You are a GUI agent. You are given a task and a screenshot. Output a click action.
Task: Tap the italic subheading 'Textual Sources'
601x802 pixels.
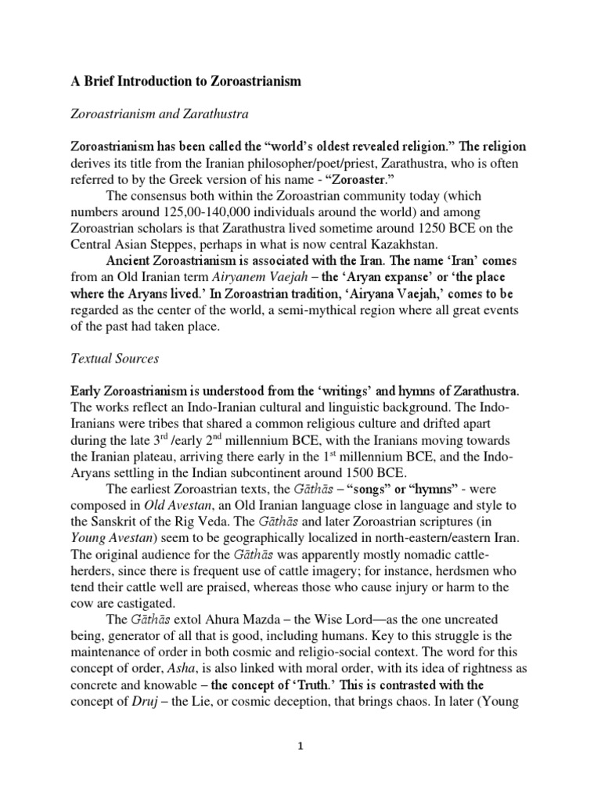(x=115, y=359)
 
